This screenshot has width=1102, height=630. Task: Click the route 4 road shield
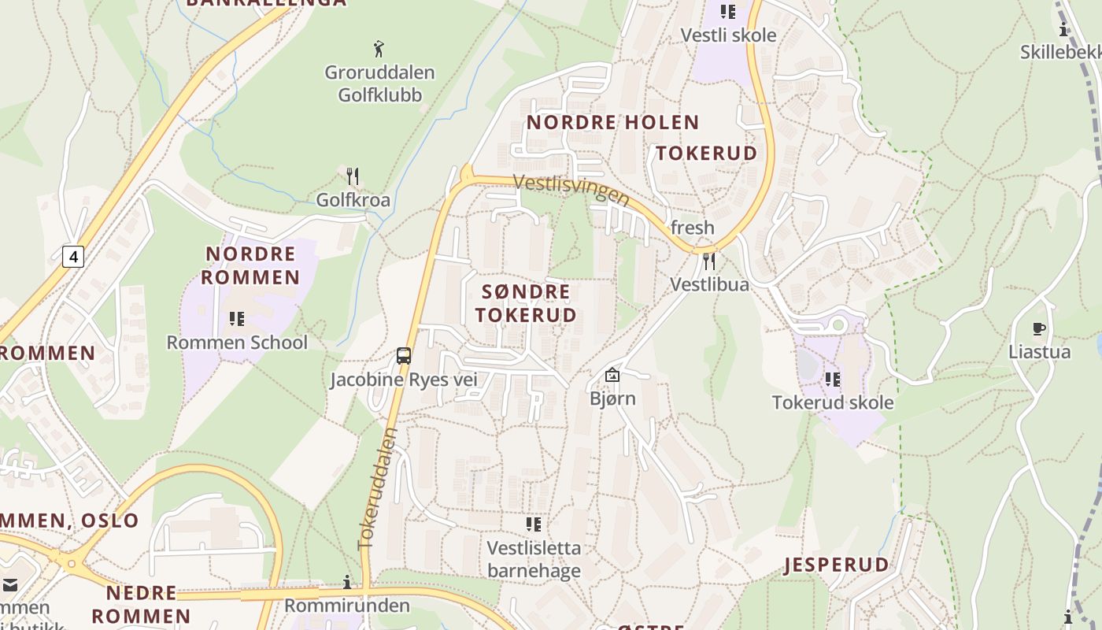72,256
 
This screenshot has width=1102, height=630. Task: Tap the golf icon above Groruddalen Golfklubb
379,49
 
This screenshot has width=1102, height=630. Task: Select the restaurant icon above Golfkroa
353,176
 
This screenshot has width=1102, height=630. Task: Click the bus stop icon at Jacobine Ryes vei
404,356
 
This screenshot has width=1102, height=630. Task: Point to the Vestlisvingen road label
571,190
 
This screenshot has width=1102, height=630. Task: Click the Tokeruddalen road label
378,488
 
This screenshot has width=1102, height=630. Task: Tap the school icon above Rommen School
236,319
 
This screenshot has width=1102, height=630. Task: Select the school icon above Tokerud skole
832,380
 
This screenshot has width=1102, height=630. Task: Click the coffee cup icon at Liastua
1039,329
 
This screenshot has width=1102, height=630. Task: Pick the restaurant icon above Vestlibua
709,261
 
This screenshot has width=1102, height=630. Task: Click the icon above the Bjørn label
612,375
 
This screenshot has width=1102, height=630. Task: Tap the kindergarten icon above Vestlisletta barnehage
534,524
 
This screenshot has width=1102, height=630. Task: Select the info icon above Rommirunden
347,582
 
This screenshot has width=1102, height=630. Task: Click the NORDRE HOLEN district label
612,123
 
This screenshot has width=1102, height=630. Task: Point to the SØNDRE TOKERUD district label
526,303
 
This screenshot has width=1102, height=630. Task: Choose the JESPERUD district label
837,565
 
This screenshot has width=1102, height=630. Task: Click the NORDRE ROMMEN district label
251,265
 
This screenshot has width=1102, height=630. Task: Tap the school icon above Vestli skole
728,12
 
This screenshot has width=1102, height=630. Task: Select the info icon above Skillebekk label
1064,30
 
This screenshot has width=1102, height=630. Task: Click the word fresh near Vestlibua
693,228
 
